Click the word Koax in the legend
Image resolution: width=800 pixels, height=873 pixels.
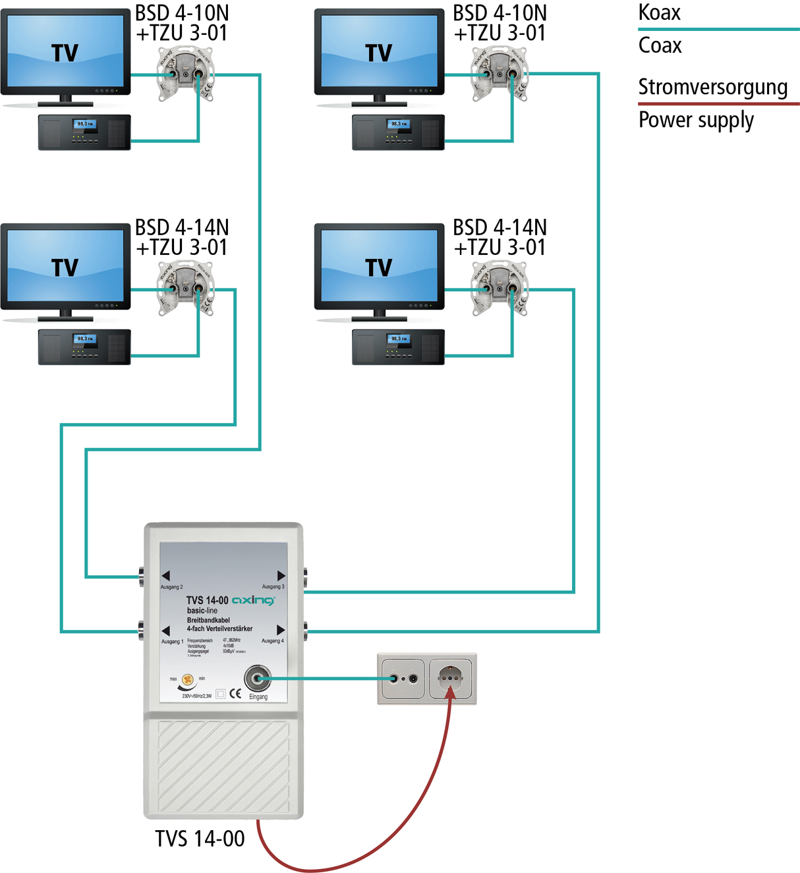(x=659, y=13)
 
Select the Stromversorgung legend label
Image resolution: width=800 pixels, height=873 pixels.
(x=712, y=87)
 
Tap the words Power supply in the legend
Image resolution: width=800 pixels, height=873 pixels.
(x=696, y=121)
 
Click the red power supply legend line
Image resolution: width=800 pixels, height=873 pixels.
(x=718, y=103)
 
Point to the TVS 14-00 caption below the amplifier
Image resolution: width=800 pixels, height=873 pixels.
(x=200, y=838)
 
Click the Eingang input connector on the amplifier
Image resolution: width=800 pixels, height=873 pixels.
(x=257, y=678)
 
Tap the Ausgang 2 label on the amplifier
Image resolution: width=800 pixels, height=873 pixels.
(x=171, y=586)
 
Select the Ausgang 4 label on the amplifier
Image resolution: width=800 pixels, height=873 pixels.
(x=273, y=640)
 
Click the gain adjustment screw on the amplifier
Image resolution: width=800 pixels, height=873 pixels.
(x=188, y=679)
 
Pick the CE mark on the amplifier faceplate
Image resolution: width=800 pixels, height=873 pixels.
(x=235, y=693)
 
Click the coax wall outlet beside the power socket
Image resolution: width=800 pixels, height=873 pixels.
(x=403, y=678)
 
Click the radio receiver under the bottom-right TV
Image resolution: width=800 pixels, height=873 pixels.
(x=398, y=347)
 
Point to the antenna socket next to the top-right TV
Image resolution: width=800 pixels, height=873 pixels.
(x=500, y=74)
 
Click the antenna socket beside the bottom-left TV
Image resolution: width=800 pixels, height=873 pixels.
(x=185, y=289)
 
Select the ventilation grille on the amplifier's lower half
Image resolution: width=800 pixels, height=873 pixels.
(x=223, y=766)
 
